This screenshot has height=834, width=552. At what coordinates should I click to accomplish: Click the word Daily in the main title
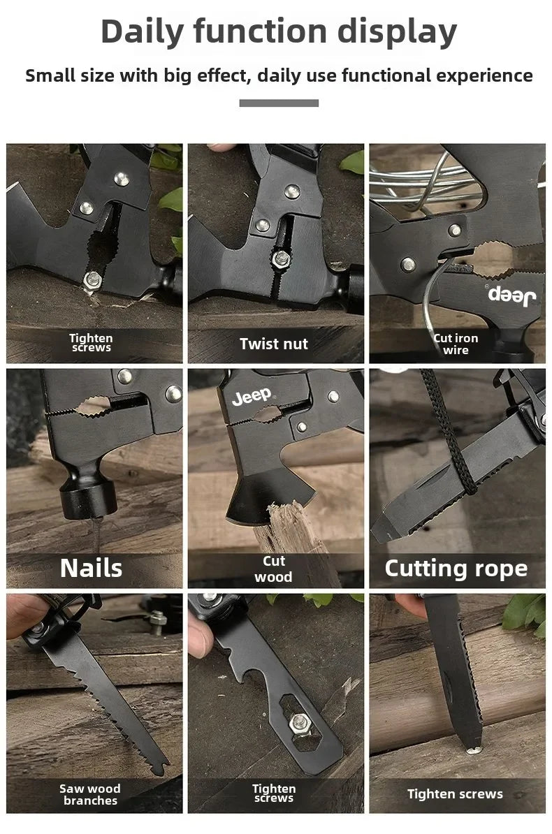point(142,32)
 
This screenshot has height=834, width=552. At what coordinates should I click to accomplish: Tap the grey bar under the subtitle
point(279,103)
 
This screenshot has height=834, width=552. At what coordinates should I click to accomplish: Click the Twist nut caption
point(274,344)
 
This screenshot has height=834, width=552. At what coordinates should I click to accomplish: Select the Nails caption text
point(91,568)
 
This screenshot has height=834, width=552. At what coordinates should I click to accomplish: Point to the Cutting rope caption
point(456,569)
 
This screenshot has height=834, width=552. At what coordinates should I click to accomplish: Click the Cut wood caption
point(274,569)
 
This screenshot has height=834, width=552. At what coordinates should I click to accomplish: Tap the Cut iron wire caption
point(456,344)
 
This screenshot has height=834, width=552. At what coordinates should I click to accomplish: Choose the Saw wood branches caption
point(90,794)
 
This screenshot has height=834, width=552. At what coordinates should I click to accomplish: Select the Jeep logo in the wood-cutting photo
point(252,396)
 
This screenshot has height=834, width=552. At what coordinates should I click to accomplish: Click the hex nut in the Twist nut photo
point(280,259)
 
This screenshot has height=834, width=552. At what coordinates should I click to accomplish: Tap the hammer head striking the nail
point(88,497)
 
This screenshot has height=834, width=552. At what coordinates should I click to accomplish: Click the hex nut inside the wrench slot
point(300,722)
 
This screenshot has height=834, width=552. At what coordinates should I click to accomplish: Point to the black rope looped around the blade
point(449,436)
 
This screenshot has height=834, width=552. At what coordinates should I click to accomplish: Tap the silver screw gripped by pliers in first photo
point(93,279)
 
